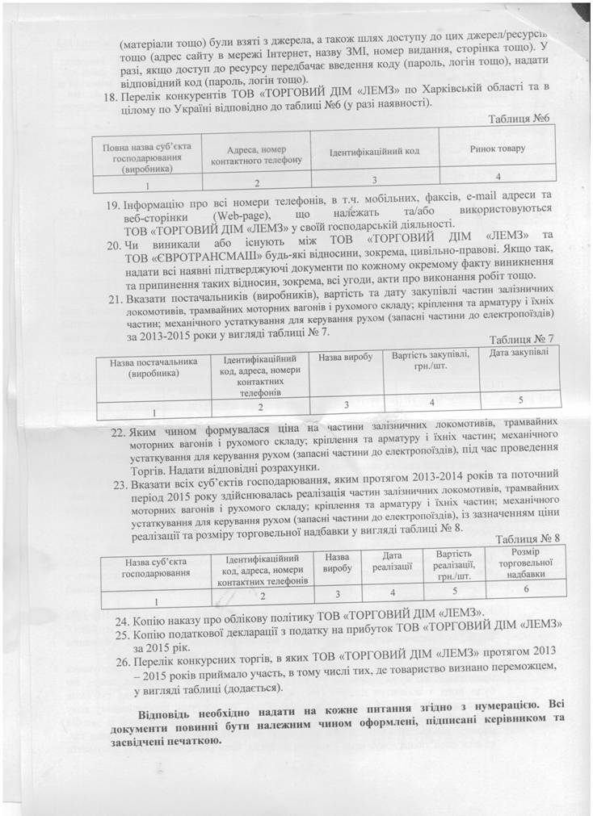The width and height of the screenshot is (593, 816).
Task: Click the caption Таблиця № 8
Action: pyautogui.click(x=528, y=538)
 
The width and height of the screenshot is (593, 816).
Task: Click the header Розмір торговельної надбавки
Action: pyautogui.click(x=525, y=563)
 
